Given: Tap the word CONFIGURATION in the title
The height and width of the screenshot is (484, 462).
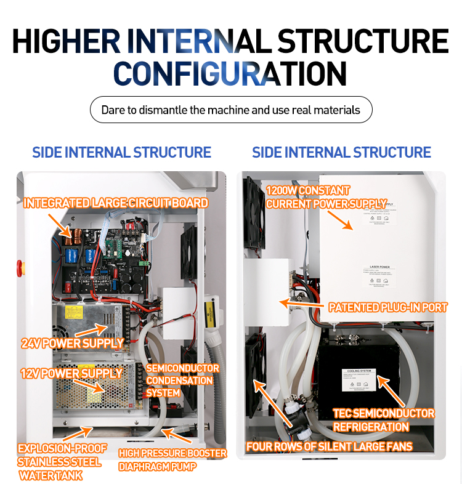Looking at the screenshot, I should (x=230, y=74).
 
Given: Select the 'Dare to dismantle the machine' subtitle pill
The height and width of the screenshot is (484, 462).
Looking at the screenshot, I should (x=230, y=110).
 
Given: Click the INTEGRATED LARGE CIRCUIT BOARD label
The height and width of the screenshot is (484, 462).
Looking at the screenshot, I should (x=115, y=203).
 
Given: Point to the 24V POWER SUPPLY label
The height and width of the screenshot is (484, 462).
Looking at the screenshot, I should (x=73, y=343).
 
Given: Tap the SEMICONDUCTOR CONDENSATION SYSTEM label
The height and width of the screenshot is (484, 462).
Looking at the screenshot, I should (x=182, y=381).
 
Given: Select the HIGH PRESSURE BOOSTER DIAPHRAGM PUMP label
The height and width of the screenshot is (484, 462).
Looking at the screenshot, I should (x=172, y=460).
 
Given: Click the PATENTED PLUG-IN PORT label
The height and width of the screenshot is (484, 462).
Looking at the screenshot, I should (x=388, y=307).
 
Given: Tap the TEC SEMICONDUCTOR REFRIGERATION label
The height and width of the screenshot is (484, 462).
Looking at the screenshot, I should (x=384, y=420).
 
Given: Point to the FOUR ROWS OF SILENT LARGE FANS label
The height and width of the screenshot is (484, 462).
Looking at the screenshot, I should (x=329, y=446).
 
